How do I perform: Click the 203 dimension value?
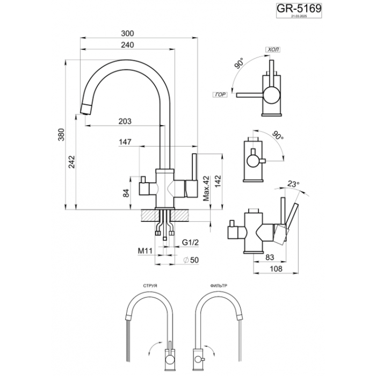124,121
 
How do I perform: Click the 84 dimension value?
127,192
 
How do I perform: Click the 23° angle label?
293,184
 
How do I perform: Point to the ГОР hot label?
219,94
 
